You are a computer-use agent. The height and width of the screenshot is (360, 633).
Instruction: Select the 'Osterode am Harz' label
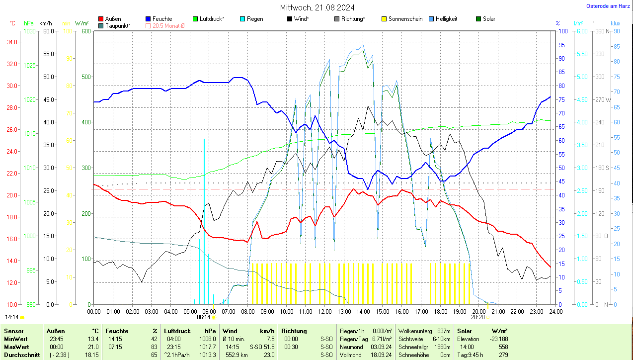pyautogui.click(x=608, y=6)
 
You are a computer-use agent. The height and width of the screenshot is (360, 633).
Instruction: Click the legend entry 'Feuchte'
pyautogui.click(x=162, y=19)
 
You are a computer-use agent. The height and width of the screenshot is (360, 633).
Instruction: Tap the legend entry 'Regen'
pyautogui.click(x=255, y=19)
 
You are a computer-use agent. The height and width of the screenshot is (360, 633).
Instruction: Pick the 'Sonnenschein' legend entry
pyautogui.click(x=405, y=19)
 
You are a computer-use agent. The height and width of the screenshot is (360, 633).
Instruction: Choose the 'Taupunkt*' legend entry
pyautogui.click(x=118, y=25)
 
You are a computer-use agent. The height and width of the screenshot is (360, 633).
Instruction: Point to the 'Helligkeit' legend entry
pyautogui.click(x=446, y=19)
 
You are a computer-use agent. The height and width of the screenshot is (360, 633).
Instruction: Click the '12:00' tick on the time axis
pyautogui.click(x=324, y=311)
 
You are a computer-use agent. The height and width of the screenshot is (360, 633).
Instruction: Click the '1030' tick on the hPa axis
pyautogui.click(x=30, y=31)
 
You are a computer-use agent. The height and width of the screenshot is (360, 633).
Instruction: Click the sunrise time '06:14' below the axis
pyautogui.click(x=204, y=317)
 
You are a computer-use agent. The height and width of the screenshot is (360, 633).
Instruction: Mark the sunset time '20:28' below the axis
pyautogui.click(x=478, y=317)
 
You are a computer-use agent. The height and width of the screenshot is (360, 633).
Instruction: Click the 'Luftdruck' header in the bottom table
pyautogui.click(x=177, y=331)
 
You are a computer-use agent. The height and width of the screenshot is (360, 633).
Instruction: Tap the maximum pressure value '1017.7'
pyautogui.click(x=207, y=347)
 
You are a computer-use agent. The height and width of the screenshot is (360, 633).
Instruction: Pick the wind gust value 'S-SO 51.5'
pyautogui.click(x=262, y=347)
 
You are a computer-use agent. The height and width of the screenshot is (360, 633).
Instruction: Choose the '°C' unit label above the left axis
pyautogui.click(x=13, y=23)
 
